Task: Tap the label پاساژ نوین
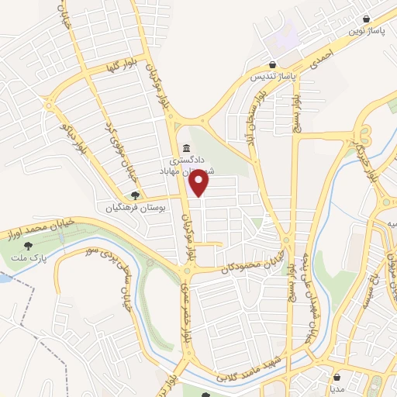366,31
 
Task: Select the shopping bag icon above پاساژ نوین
366,19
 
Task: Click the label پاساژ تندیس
273,77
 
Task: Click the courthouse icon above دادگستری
185,148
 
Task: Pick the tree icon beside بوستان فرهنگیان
135,196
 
